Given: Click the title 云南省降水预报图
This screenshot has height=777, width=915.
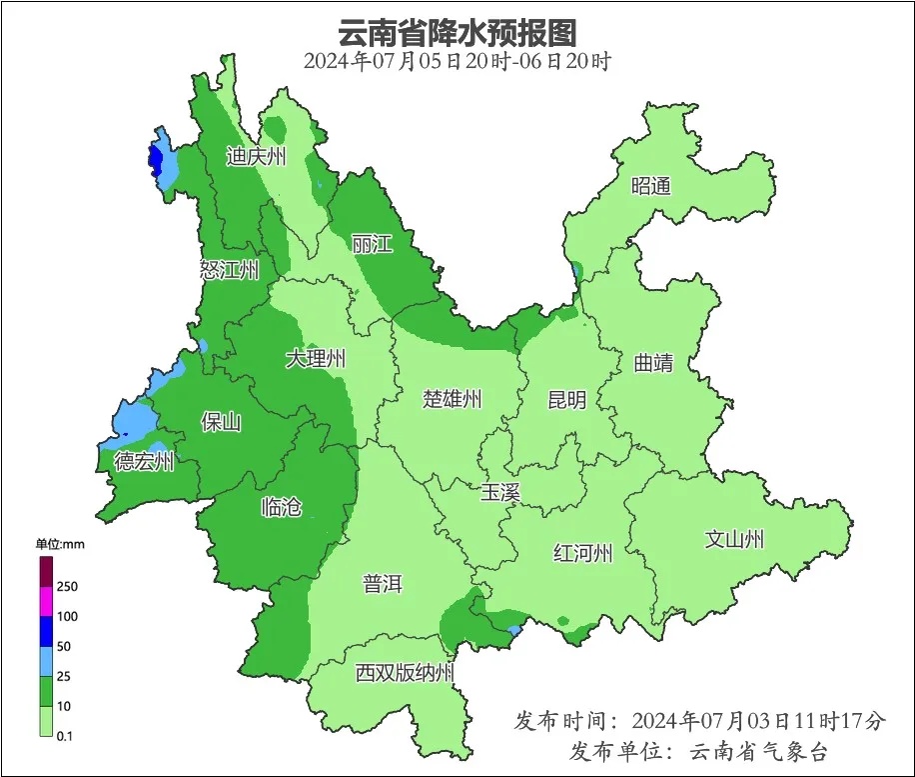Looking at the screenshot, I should click(x=457, y=32).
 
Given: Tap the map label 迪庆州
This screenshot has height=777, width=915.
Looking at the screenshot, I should click(x=256, y=157).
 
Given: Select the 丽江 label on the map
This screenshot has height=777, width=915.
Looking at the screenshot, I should click(x=372, y=244).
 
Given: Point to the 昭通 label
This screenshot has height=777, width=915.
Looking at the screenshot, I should click(x=651, y=186).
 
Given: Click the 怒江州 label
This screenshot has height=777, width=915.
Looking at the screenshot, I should click(x=229, y=270).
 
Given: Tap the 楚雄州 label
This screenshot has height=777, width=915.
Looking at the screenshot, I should click(x=452, y=400).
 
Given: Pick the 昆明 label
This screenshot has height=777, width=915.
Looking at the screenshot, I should click(x=567, y=400).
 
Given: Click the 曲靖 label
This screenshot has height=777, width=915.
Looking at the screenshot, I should click(x=653, y=363).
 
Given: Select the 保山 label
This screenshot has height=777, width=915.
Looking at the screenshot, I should click(x=221, y=422).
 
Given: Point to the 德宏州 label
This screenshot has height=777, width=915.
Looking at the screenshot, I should click(x=145, y=462).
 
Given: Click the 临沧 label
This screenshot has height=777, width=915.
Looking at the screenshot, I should click(x=281, y=507).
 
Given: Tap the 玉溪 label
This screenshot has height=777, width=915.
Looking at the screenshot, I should click(x=500, y=492).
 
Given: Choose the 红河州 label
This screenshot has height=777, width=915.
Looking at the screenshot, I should click(x=583, y=553).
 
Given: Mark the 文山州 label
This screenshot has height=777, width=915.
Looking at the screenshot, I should click(x=734, y=540).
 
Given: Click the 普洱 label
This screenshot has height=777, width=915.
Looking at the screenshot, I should click(x=383, y=584).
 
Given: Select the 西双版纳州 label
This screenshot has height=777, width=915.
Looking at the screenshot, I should click(x=405, y=673).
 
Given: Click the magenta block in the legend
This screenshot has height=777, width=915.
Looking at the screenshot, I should click(x=46, y=601).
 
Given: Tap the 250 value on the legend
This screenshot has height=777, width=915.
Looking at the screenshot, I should click(x=68, y=586).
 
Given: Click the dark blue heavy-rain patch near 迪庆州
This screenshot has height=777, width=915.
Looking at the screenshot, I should click(x=155, y=159).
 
